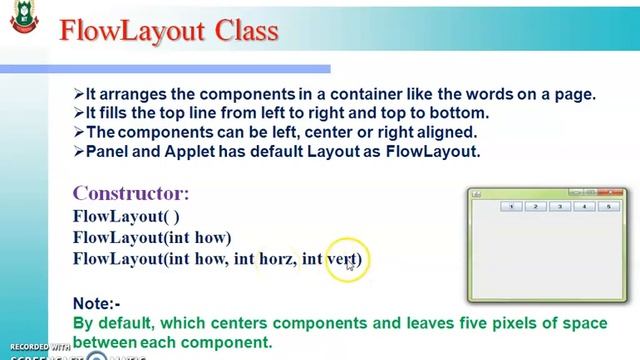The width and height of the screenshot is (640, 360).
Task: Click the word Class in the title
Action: point(243,31)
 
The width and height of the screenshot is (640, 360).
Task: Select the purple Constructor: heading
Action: point(130,193)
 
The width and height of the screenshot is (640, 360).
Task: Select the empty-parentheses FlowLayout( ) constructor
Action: point(126,215)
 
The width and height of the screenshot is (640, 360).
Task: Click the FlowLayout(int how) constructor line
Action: point(152,237)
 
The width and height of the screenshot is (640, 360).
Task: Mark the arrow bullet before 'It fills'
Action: point(79,113)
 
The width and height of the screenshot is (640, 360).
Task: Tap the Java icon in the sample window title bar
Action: point(477,192)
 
